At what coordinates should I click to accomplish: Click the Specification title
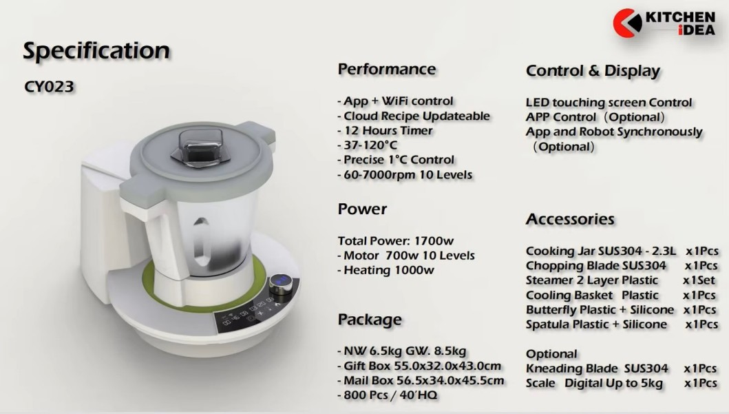coord(96,51)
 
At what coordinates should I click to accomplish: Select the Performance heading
coord(386,69)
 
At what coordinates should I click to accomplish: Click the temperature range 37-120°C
coord(368,145)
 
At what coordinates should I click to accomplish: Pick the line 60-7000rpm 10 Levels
coord(405,175)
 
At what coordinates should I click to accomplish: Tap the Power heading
coord(362,209)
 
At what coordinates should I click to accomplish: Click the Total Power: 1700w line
coord(396,241)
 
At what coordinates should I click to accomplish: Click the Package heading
coord(369,320)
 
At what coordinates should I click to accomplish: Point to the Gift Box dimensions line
coord(419,366)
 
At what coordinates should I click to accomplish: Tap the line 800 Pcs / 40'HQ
coord(388,395)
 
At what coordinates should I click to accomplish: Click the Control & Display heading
coord(593,71)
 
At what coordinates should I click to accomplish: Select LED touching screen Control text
coord(609,103)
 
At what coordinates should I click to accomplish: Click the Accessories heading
coord(570,219)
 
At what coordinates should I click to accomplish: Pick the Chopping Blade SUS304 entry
coord(596,266)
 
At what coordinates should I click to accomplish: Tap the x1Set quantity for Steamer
coord(699,280)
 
